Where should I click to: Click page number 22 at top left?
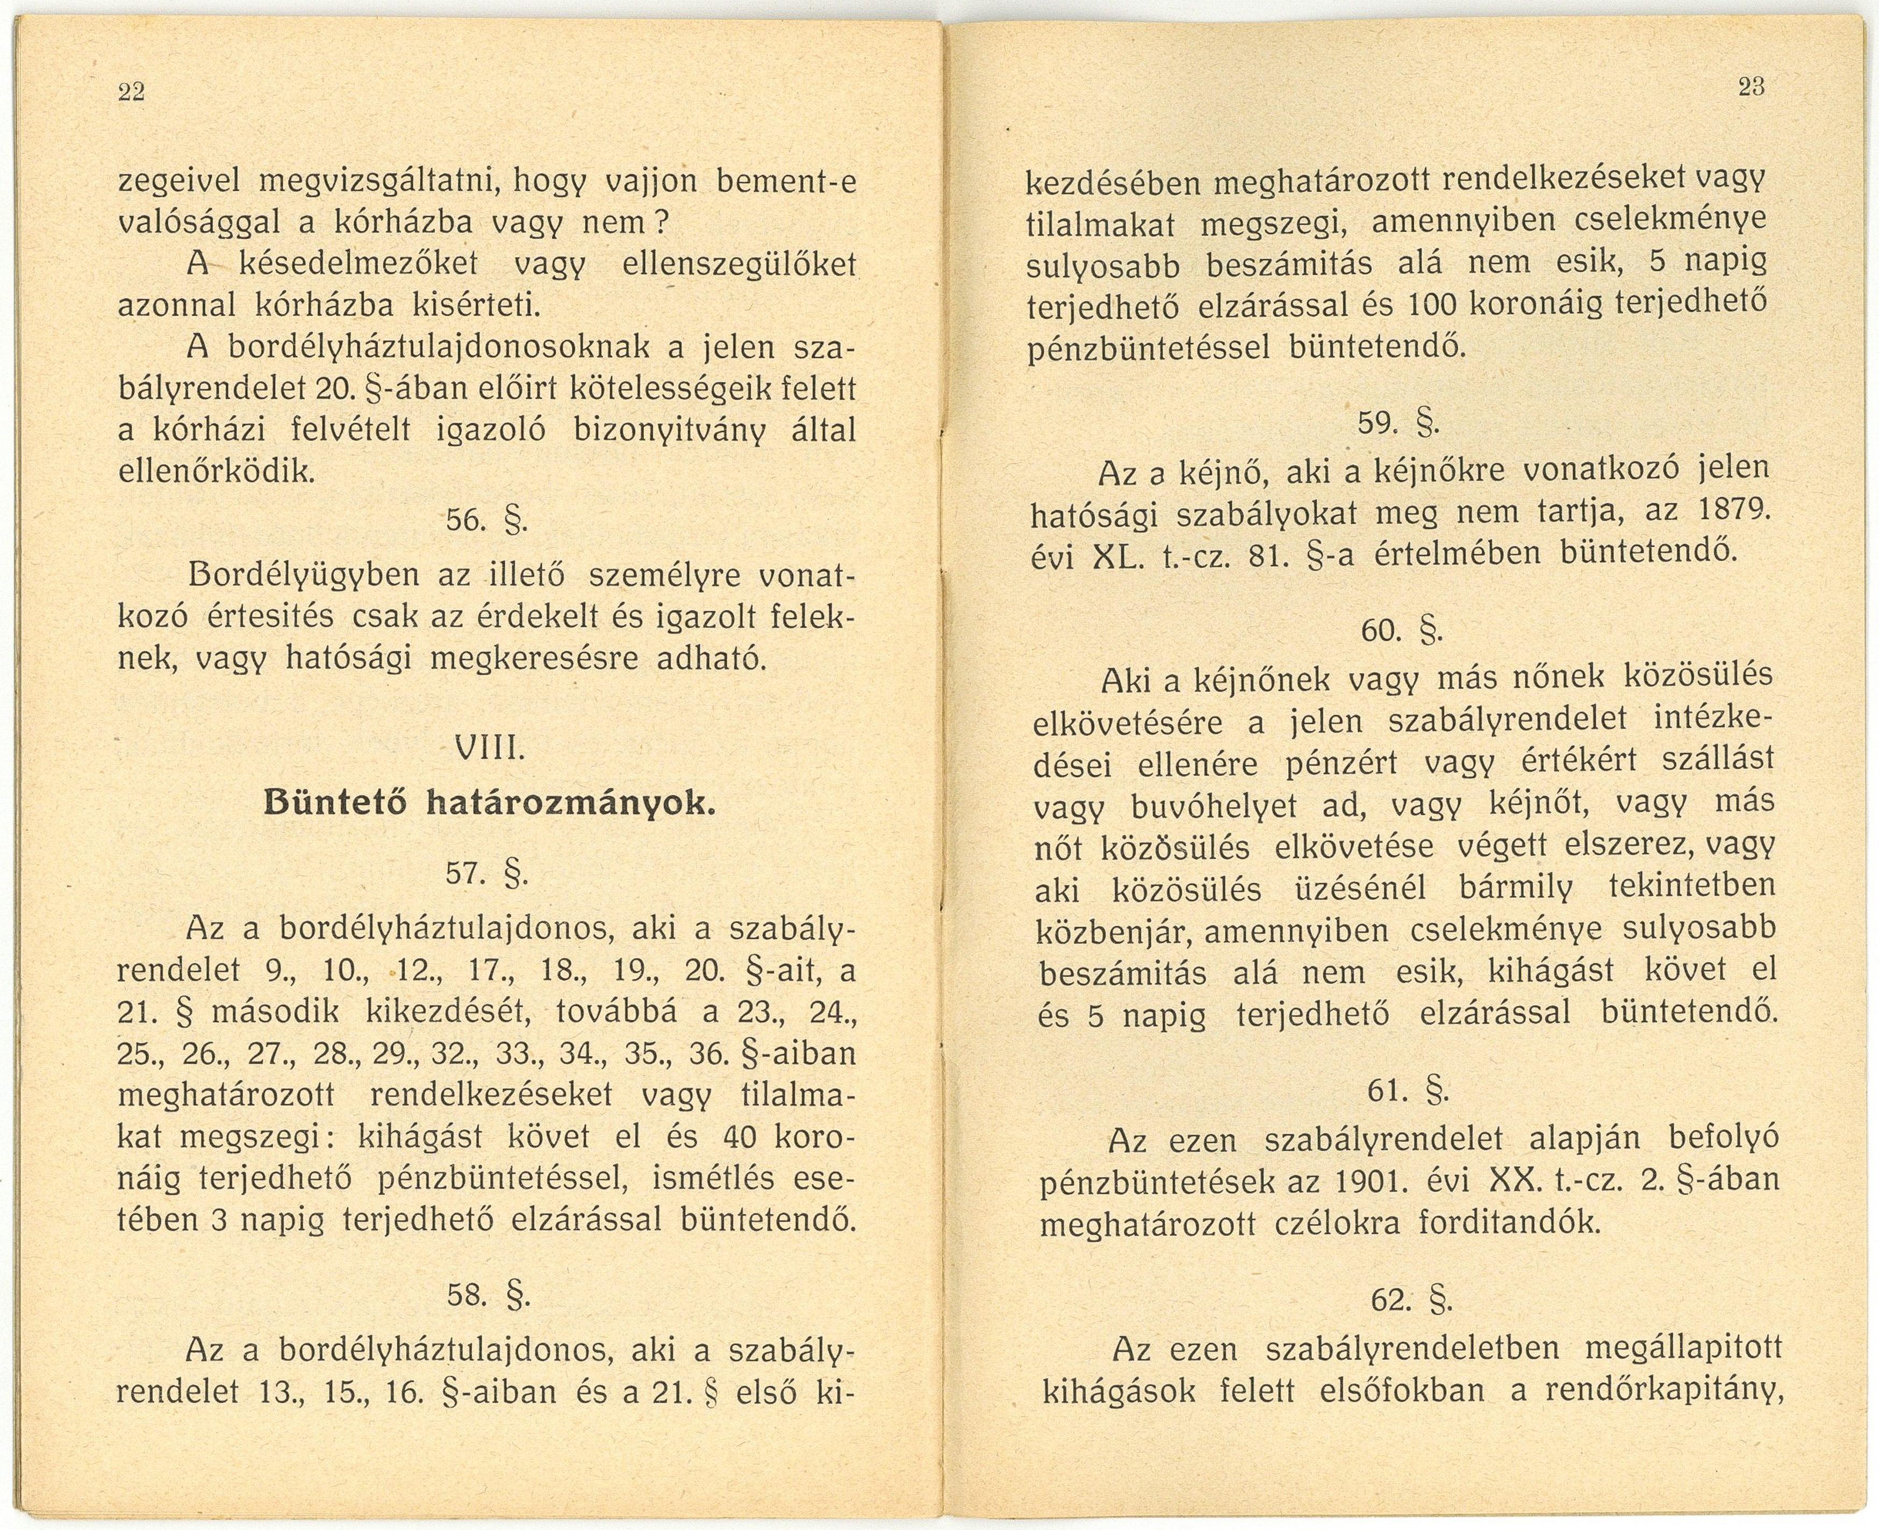click(x=131, y=92)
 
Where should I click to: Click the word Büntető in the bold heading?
click(x=336, y=803)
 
